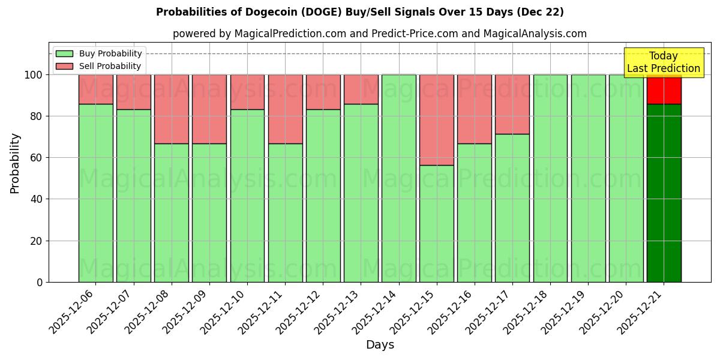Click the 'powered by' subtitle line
click(x=379, y=34)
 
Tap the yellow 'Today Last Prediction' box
click(x=663, y=62)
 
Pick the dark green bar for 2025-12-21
click(x=664, y=192)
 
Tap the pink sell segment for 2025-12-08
click(x=171, y=109)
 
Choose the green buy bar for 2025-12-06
click(x=95, y=192)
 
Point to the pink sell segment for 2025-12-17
click(x=512, y=104)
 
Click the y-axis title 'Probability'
click(x=15, y=163)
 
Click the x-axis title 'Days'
click(x=380, y=345)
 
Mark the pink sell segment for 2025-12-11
click(x=285, y=109)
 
